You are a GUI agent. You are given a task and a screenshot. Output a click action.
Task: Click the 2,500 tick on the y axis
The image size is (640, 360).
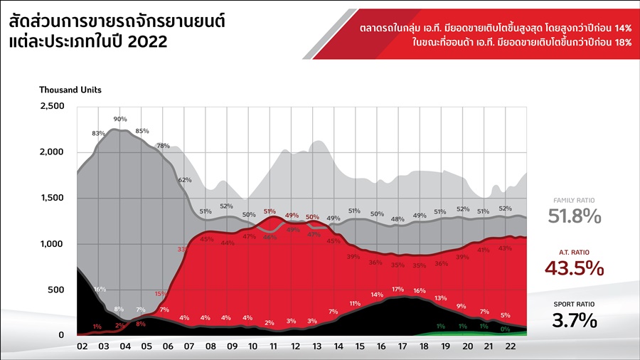(52, 106)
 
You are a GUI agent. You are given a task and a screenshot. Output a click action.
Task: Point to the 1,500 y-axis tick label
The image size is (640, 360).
(52, 198)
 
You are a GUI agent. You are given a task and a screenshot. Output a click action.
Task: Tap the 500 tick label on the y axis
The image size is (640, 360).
(56, 290)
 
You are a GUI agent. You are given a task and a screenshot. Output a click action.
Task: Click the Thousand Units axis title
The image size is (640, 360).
(70, 90)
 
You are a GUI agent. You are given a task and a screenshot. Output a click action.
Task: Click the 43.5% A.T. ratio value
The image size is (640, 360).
(575, 268)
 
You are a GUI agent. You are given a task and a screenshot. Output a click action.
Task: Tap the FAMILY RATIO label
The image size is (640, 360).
(575, 201)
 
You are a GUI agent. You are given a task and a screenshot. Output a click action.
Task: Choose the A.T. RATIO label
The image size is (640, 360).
(575, 253)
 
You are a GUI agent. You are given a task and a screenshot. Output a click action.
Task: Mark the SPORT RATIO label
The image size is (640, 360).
(575, 304)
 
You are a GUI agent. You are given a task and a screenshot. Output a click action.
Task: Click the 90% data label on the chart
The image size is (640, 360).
(120, 119)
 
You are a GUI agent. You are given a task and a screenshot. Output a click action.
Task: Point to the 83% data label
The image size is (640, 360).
(98, 133)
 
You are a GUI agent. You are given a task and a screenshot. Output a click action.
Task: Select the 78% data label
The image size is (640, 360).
(163, 145)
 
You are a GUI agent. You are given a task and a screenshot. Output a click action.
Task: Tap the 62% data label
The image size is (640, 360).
(185, 180)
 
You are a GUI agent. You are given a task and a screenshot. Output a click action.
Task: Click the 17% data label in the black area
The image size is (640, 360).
(398, 290)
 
